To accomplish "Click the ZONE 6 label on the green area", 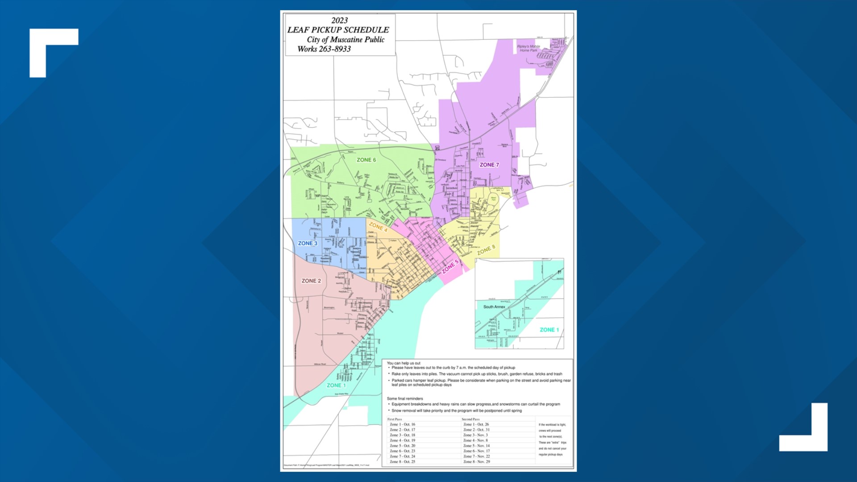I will tap(366, 160).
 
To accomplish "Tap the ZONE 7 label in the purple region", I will tap(489, 165).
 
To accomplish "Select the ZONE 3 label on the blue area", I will tap(308, 243).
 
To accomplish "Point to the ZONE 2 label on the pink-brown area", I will tap(311, 281).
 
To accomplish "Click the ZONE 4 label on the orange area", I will tap(378, 227).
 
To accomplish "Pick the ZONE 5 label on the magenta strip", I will tap(450, 267).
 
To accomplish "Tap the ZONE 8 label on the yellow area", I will tap(486, 250).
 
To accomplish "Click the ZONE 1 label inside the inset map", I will tap(549, 330).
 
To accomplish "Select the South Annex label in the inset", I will tap(494, 307).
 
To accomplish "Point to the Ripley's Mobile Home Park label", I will tap(528, 48).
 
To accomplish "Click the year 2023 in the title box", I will tap(339, 21).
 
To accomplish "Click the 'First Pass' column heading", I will tap(395, 419).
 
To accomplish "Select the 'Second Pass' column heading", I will tap(470, 419).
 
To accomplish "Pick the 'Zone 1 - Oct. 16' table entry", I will tap(402, 424).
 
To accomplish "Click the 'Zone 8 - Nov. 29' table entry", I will tap(476, 461).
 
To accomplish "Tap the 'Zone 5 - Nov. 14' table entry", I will tap(476, 445).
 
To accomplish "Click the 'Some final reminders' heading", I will tap(405, 399).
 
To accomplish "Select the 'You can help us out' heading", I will tap(404, 363).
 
